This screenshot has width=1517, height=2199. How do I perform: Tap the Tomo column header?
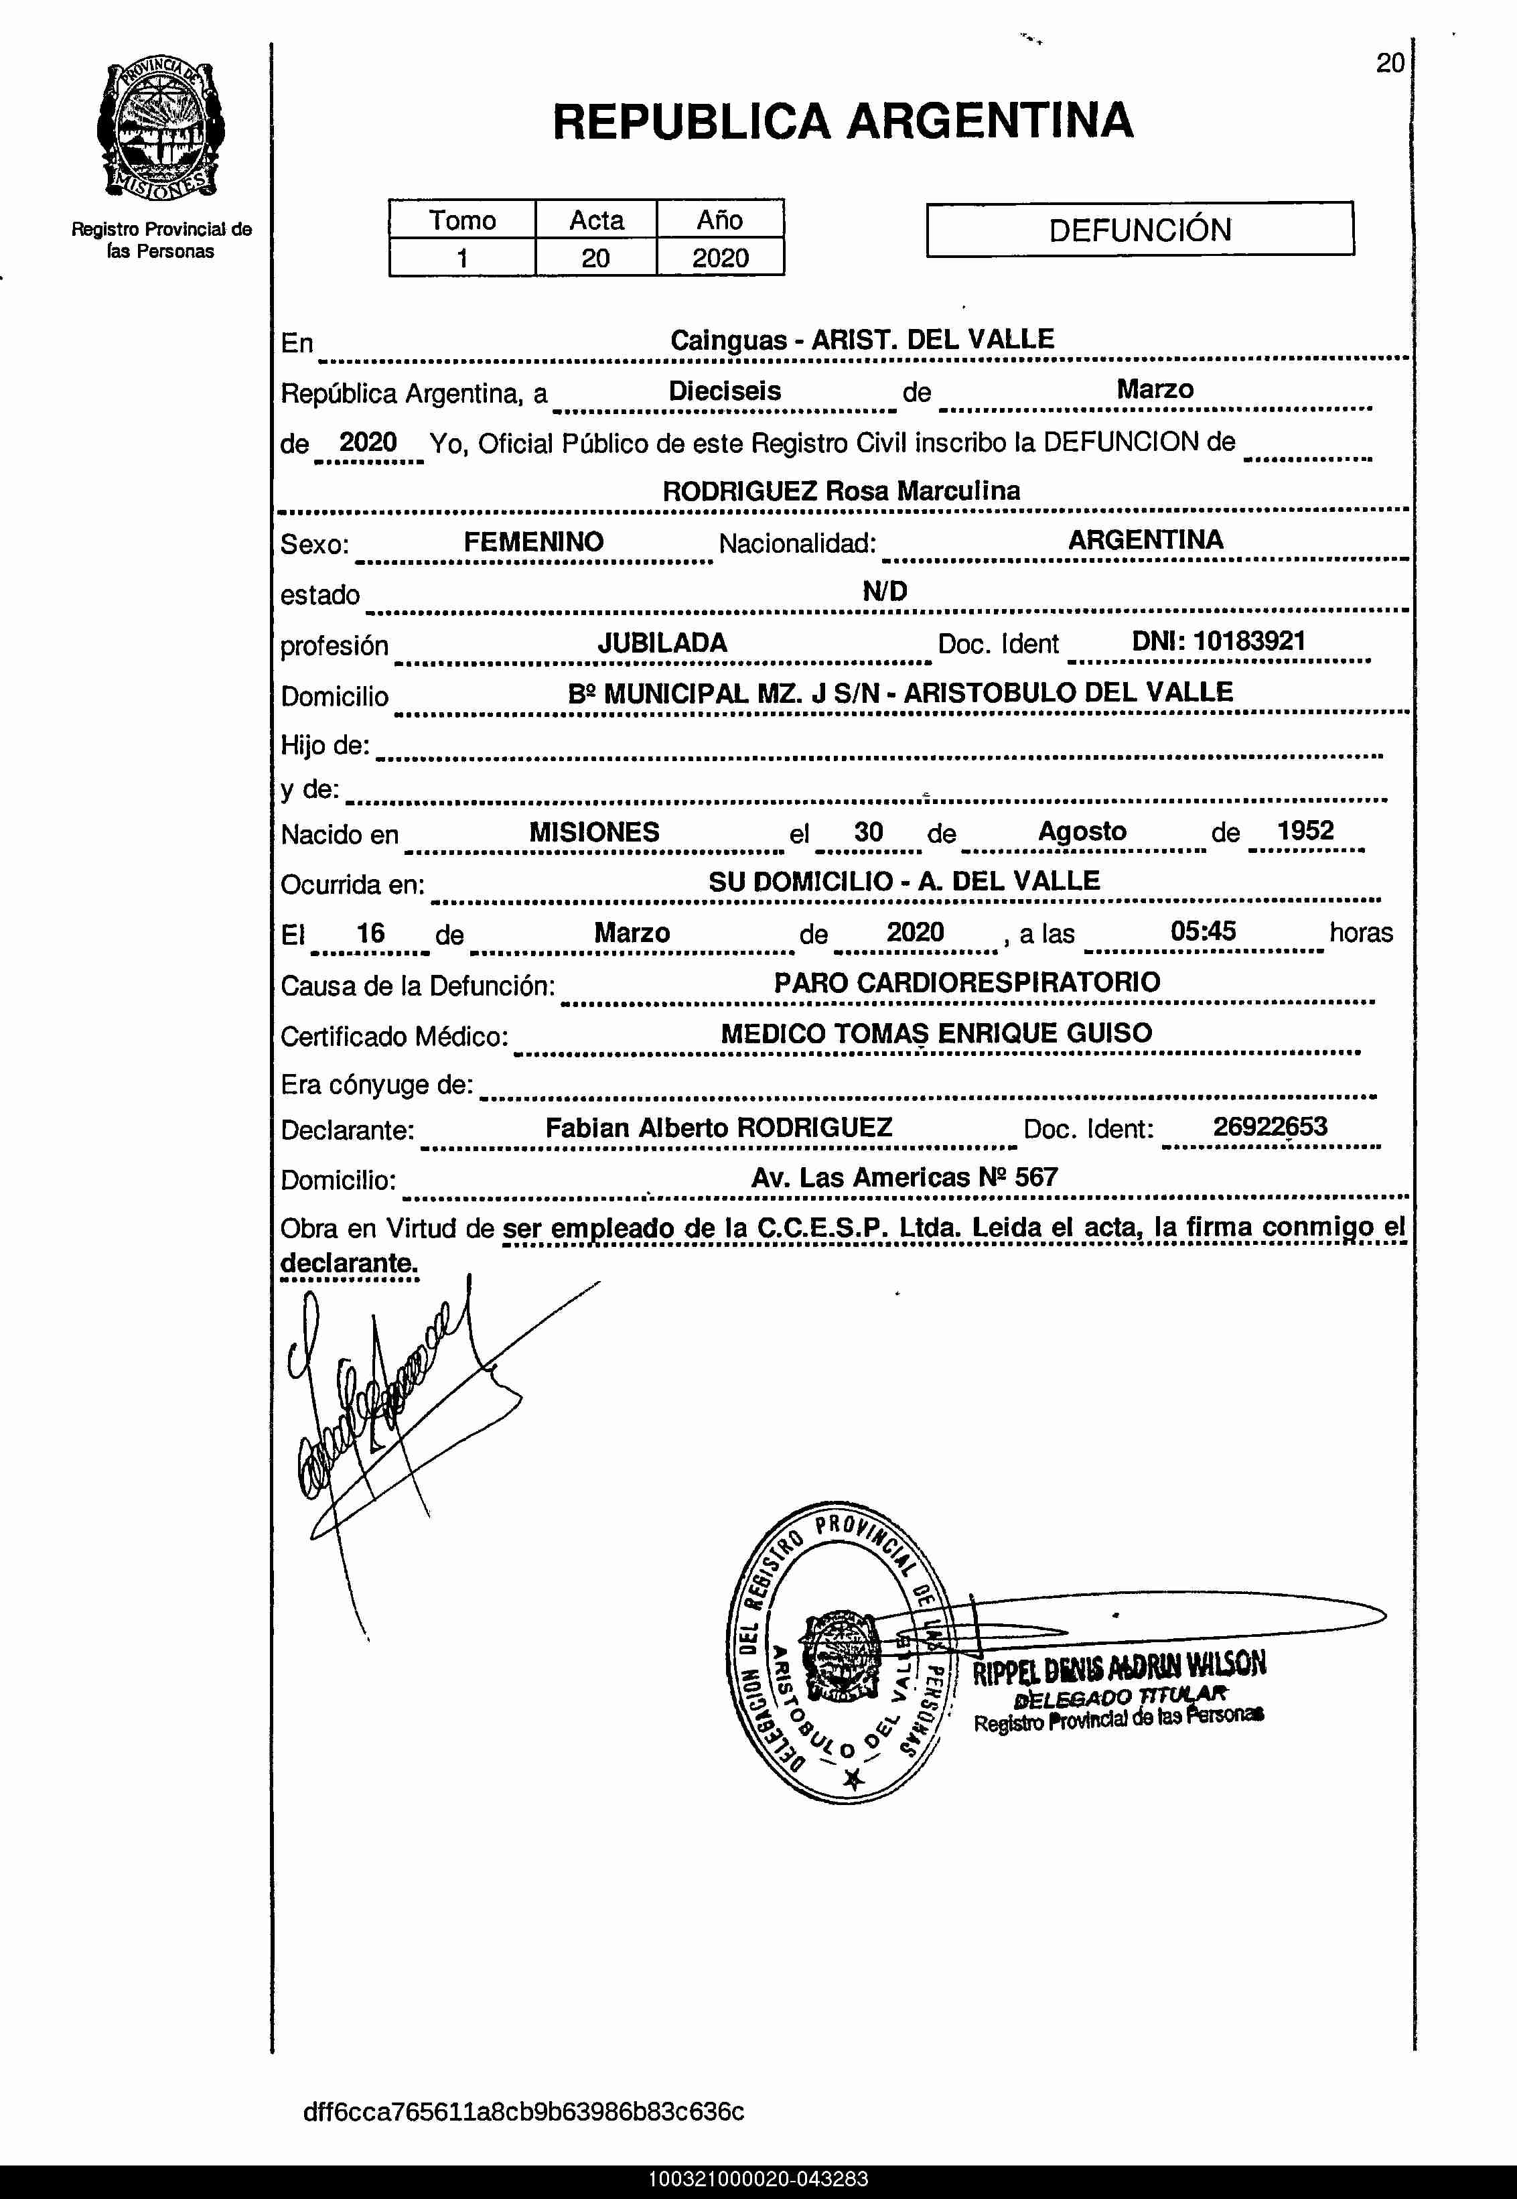click(x=462, y=220)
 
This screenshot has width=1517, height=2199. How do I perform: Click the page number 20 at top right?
click(x=1390, y=64)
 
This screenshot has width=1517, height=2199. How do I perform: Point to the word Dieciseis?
click(x=724, y=391)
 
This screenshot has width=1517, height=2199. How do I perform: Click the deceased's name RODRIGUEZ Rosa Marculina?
click(x=841, y=490)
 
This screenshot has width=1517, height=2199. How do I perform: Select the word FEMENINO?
click(x=533, y=542)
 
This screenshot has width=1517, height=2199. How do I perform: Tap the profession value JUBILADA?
click(x=662, y=643)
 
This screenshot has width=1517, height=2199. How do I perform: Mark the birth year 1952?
click(x=1305, y=830)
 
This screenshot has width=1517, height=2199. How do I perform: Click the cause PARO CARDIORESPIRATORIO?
click(x=966, y=982)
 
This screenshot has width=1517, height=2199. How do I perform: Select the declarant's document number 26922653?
click(x=1269, y=1126)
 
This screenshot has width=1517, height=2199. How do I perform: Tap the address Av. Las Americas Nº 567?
click(x=904, y=1177)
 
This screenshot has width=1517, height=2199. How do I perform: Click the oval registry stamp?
click(x=837, y=1655)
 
